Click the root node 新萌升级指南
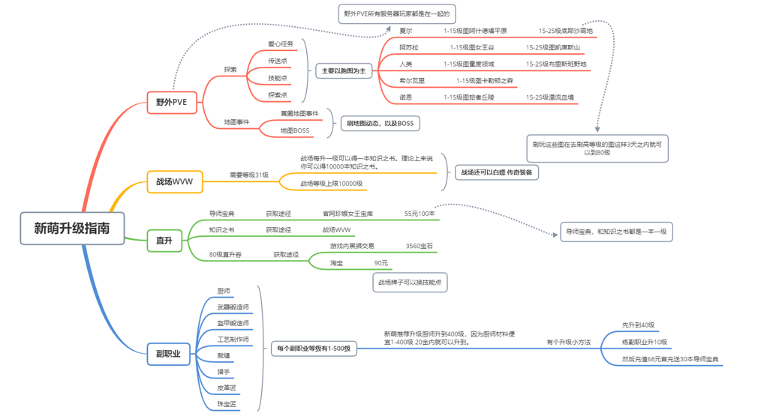pos(72,229)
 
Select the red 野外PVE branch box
pos(172,102)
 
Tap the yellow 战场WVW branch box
pos(174,181)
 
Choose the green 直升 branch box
pos(164,241)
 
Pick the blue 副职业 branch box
pos(168,354)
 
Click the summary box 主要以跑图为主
pos(344,71)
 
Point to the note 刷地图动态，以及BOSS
pos(380,123)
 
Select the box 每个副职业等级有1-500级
pos(314,348)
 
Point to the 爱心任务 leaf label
pos(281,44)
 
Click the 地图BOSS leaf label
pos(294,130)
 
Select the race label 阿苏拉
pos(409,47)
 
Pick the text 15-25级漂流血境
pos(549,97)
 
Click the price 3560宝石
pos(419,246)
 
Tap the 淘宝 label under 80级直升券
pos(336,263)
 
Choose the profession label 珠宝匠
pos(226,404)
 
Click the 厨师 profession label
pos(223,290)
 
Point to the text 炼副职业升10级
pos(644,342)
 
